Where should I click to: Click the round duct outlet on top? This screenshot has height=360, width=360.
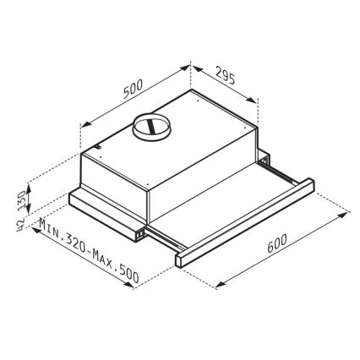coord(152,127)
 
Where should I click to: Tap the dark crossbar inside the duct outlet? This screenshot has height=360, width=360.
coord(152,128)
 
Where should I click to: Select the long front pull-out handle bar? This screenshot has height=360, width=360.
coord(245,221)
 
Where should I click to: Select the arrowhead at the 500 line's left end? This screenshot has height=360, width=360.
coord(82,128)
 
